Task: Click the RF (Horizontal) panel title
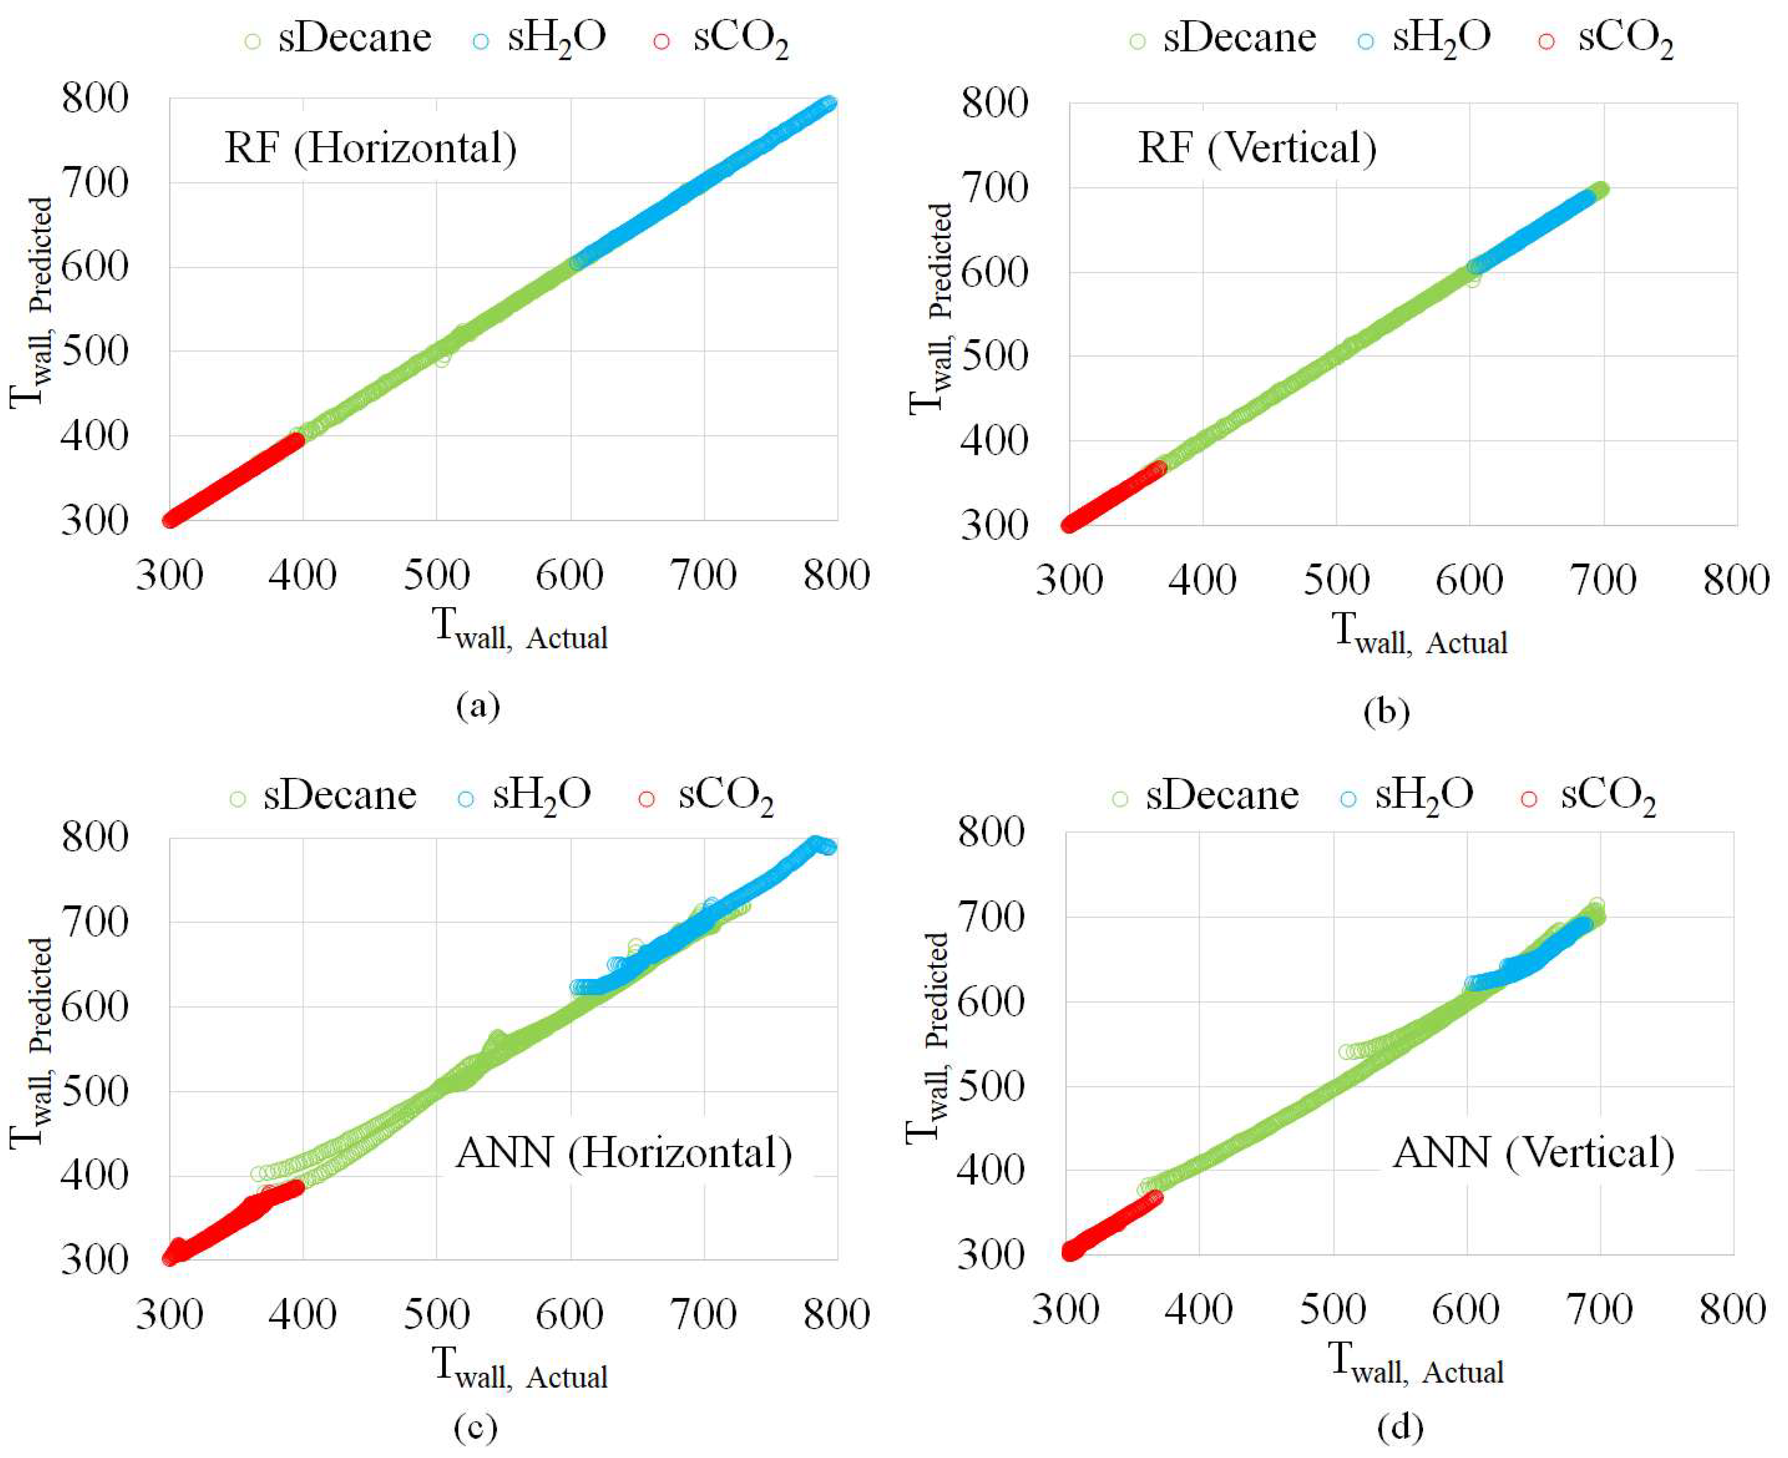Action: (370, 148)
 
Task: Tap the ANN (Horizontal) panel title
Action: (623, 1153)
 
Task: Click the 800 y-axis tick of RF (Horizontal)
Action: (96, 99)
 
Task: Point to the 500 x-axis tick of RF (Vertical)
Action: (1335, 580)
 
